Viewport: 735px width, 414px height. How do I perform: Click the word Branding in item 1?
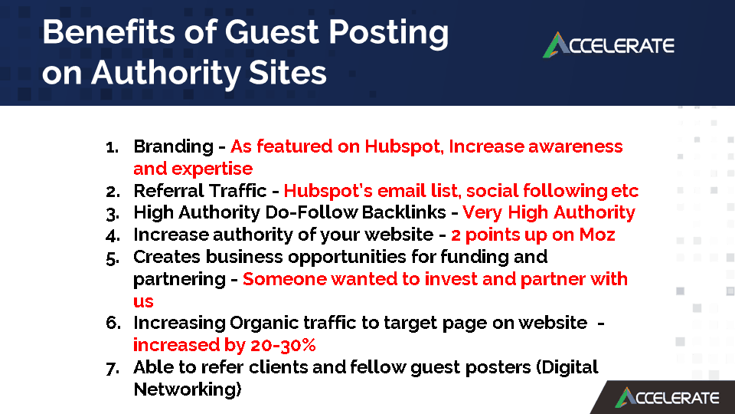(x=174, y=147)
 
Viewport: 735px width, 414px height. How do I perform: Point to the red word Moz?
(x=597, y=235)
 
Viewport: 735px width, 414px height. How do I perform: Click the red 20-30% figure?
(x=283, y=345)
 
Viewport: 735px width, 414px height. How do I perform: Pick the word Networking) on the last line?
(x=188, y=389)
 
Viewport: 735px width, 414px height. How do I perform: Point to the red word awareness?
(x=576, y=146)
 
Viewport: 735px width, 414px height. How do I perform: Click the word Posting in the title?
(x=389, y=34)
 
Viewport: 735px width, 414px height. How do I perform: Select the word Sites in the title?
(x=287, y=73)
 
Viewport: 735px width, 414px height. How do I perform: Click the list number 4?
(x=113, y=235)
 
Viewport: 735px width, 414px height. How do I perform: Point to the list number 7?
(x=113, y=369)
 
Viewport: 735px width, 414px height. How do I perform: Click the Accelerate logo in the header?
(x=609, y=45)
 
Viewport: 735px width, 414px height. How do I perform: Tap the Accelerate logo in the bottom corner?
(x=667, y=398)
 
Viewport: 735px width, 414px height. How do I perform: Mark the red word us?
(x=143, y=301)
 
